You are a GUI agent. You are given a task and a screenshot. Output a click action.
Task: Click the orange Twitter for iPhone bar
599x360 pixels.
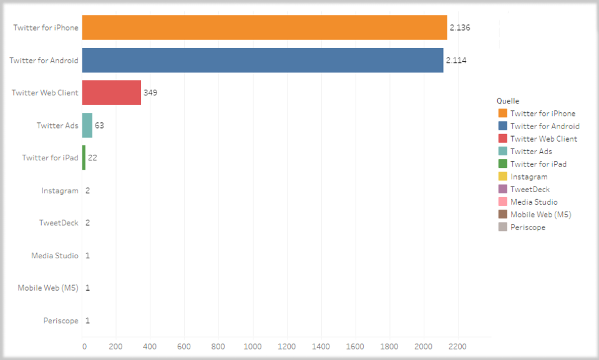(265, 27)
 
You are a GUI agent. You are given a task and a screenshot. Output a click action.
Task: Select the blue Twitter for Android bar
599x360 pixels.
(263, 61)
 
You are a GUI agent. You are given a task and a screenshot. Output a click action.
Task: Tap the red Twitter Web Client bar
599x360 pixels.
(112, 92)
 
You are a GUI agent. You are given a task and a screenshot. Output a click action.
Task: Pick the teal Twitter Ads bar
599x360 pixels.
(87, 125)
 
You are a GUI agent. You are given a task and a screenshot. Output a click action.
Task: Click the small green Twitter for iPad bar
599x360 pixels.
(84, 158)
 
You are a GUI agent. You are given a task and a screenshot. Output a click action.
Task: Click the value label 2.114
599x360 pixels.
(456, 61)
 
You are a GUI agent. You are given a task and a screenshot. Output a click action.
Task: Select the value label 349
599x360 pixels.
(150, 93)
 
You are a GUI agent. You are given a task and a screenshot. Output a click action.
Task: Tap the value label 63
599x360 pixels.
(99, 125)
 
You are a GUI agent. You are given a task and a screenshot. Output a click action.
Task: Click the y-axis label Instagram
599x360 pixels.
(60, 190)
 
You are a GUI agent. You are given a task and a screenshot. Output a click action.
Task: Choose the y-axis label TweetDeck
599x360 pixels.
(59, 223)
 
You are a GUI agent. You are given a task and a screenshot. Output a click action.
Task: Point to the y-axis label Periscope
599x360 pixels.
(61, 321)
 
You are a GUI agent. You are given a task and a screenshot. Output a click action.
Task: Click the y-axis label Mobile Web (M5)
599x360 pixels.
(48, 288)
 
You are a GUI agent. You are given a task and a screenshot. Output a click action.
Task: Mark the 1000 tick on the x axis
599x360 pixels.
(253, 345)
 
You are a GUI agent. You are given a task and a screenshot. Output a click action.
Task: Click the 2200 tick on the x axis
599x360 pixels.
(457, 345)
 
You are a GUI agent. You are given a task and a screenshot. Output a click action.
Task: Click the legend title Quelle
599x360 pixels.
(508, 101)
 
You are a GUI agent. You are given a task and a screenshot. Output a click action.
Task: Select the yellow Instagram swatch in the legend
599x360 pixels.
(503, 177)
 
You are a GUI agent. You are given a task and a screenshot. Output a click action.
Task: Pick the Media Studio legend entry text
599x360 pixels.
(534, 202)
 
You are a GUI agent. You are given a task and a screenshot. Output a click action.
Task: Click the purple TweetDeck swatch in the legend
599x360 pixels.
(503, 189)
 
